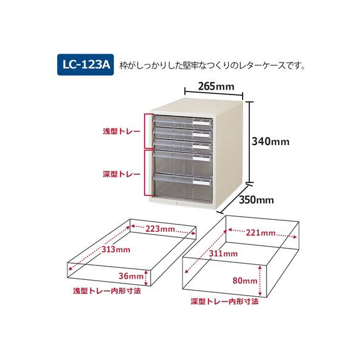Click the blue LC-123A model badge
(85, 65)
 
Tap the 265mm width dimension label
(216, 87)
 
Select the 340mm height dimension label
(271, 141)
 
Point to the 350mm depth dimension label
(256, 200)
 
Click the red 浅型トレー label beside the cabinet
(122, 132)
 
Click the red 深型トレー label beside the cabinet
(122, 174)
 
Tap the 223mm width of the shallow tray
(160, 229)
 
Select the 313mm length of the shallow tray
(116, 249)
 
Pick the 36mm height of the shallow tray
(131, 276)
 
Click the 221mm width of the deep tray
(261, 233)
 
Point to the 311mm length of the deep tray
(223, 253)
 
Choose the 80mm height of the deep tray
(245, 281)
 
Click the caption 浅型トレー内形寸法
(107, 291)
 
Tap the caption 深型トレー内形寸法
(225, 301)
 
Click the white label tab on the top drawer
(201, 123)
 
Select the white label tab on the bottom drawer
(201, 182)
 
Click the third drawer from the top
(183, 145)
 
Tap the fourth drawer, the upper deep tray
(183, 163)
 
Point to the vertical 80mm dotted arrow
(260, 281)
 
